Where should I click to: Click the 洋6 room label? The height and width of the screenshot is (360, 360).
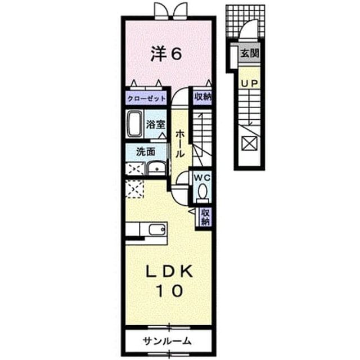click(166, 54)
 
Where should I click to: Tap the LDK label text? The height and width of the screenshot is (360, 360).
click(170, 272)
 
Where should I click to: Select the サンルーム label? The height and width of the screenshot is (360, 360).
click(166, 341)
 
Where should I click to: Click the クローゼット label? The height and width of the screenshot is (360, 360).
click(146, 99)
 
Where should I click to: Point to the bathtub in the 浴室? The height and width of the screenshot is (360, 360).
click(134, 124)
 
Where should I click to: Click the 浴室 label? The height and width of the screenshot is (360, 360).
click(156, 125)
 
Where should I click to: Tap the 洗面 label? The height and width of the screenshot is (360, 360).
click(146, 152)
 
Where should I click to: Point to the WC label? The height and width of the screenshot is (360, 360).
click(202, 177)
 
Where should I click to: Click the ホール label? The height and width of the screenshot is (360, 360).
click(180, 143)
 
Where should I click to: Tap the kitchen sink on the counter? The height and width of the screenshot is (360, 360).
click(157, 229)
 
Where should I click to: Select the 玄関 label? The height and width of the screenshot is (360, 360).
click(250, 54)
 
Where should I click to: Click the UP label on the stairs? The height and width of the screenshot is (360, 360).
click(250, 83)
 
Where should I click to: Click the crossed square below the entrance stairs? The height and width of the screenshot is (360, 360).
click(250, 143)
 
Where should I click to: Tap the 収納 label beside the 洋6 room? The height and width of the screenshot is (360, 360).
click(202, 97)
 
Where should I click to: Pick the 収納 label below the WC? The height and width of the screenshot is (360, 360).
click(206, 217)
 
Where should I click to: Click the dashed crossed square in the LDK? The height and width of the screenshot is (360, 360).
click(134, 189)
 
